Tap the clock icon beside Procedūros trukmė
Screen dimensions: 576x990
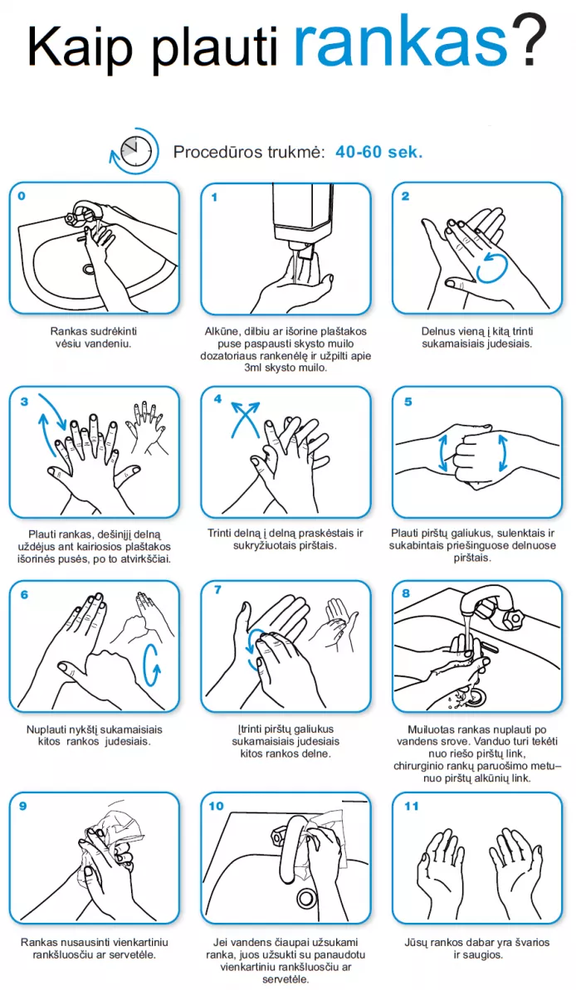coord(136,152)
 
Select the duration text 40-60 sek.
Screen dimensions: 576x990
coord(378,152)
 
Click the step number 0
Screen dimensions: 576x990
coord(22,196)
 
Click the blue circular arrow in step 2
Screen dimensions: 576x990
coord(491,268)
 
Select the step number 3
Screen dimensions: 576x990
coord(24,402)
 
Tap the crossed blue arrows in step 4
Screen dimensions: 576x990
coord(245,418)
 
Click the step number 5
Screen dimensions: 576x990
coord(408,402)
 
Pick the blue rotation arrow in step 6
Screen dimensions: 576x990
coord(152,664)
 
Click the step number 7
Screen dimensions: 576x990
coord(217,590)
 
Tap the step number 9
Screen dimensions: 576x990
coord(22,807)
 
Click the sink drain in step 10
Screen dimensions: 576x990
coord(308,897)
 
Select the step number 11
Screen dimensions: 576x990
coord(411,807)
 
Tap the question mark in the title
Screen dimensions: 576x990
coord(530,40)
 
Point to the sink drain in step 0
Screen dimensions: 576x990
coord(89,269)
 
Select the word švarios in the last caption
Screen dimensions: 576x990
coord(530,942)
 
